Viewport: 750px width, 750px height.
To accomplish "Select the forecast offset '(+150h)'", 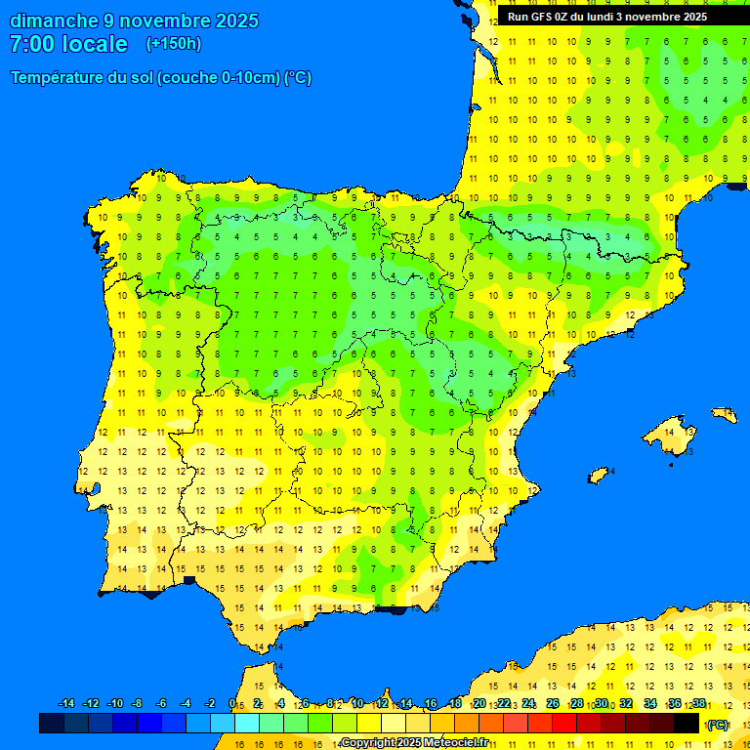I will coord(173,44).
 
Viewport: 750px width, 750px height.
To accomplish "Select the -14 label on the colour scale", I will coord(66,704).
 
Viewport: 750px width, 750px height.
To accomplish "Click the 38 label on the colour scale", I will coord(699,704).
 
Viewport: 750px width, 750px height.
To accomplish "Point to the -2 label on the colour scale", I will coord(209,704).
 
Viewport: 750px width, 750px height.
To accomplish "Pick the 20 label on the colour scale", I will coord(479,704).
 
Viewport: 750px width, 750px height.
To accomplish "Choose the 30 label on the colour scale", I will coord(601,704).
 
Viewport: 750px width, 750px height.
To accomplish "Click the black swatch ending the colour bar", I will coord(687,723).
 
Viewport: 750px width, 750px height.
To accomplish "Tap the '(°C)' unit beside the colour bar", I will coord(718,725).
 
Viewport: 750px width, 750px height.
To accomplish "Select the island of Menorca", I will coord(725,414).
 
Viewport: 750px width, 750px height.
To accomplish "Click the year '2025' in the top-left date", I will coord(237,21).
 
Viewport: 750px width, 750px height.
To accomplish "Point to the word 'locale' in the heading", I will coord(96,44).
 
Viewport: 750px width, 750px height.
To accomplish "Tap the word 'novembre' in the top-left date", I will coord(166,21).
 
